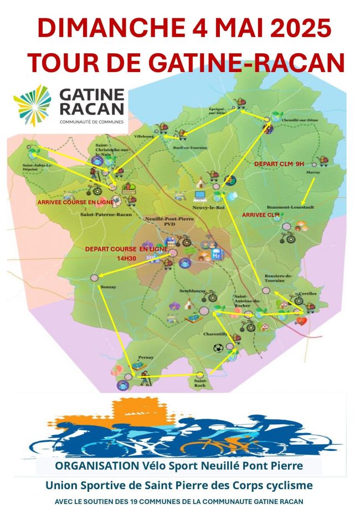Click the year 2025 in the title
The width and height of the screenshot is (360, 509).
tap(294, 28)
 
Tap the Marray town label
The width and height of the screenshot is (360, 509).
tap(313, 173)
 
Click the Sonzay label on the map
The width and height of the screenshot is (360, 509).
tap(109, 287)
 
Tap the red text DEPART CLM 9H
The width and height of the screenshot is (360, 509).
tap(279, 164)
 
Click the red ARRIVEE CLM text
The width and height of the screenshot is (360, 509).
tap(260, 214)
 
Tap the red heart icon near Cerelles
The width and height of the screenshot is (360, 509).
tap(300, 320)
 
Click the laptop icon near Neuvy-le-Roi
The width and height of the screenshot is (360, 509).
tap(200, 195)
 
